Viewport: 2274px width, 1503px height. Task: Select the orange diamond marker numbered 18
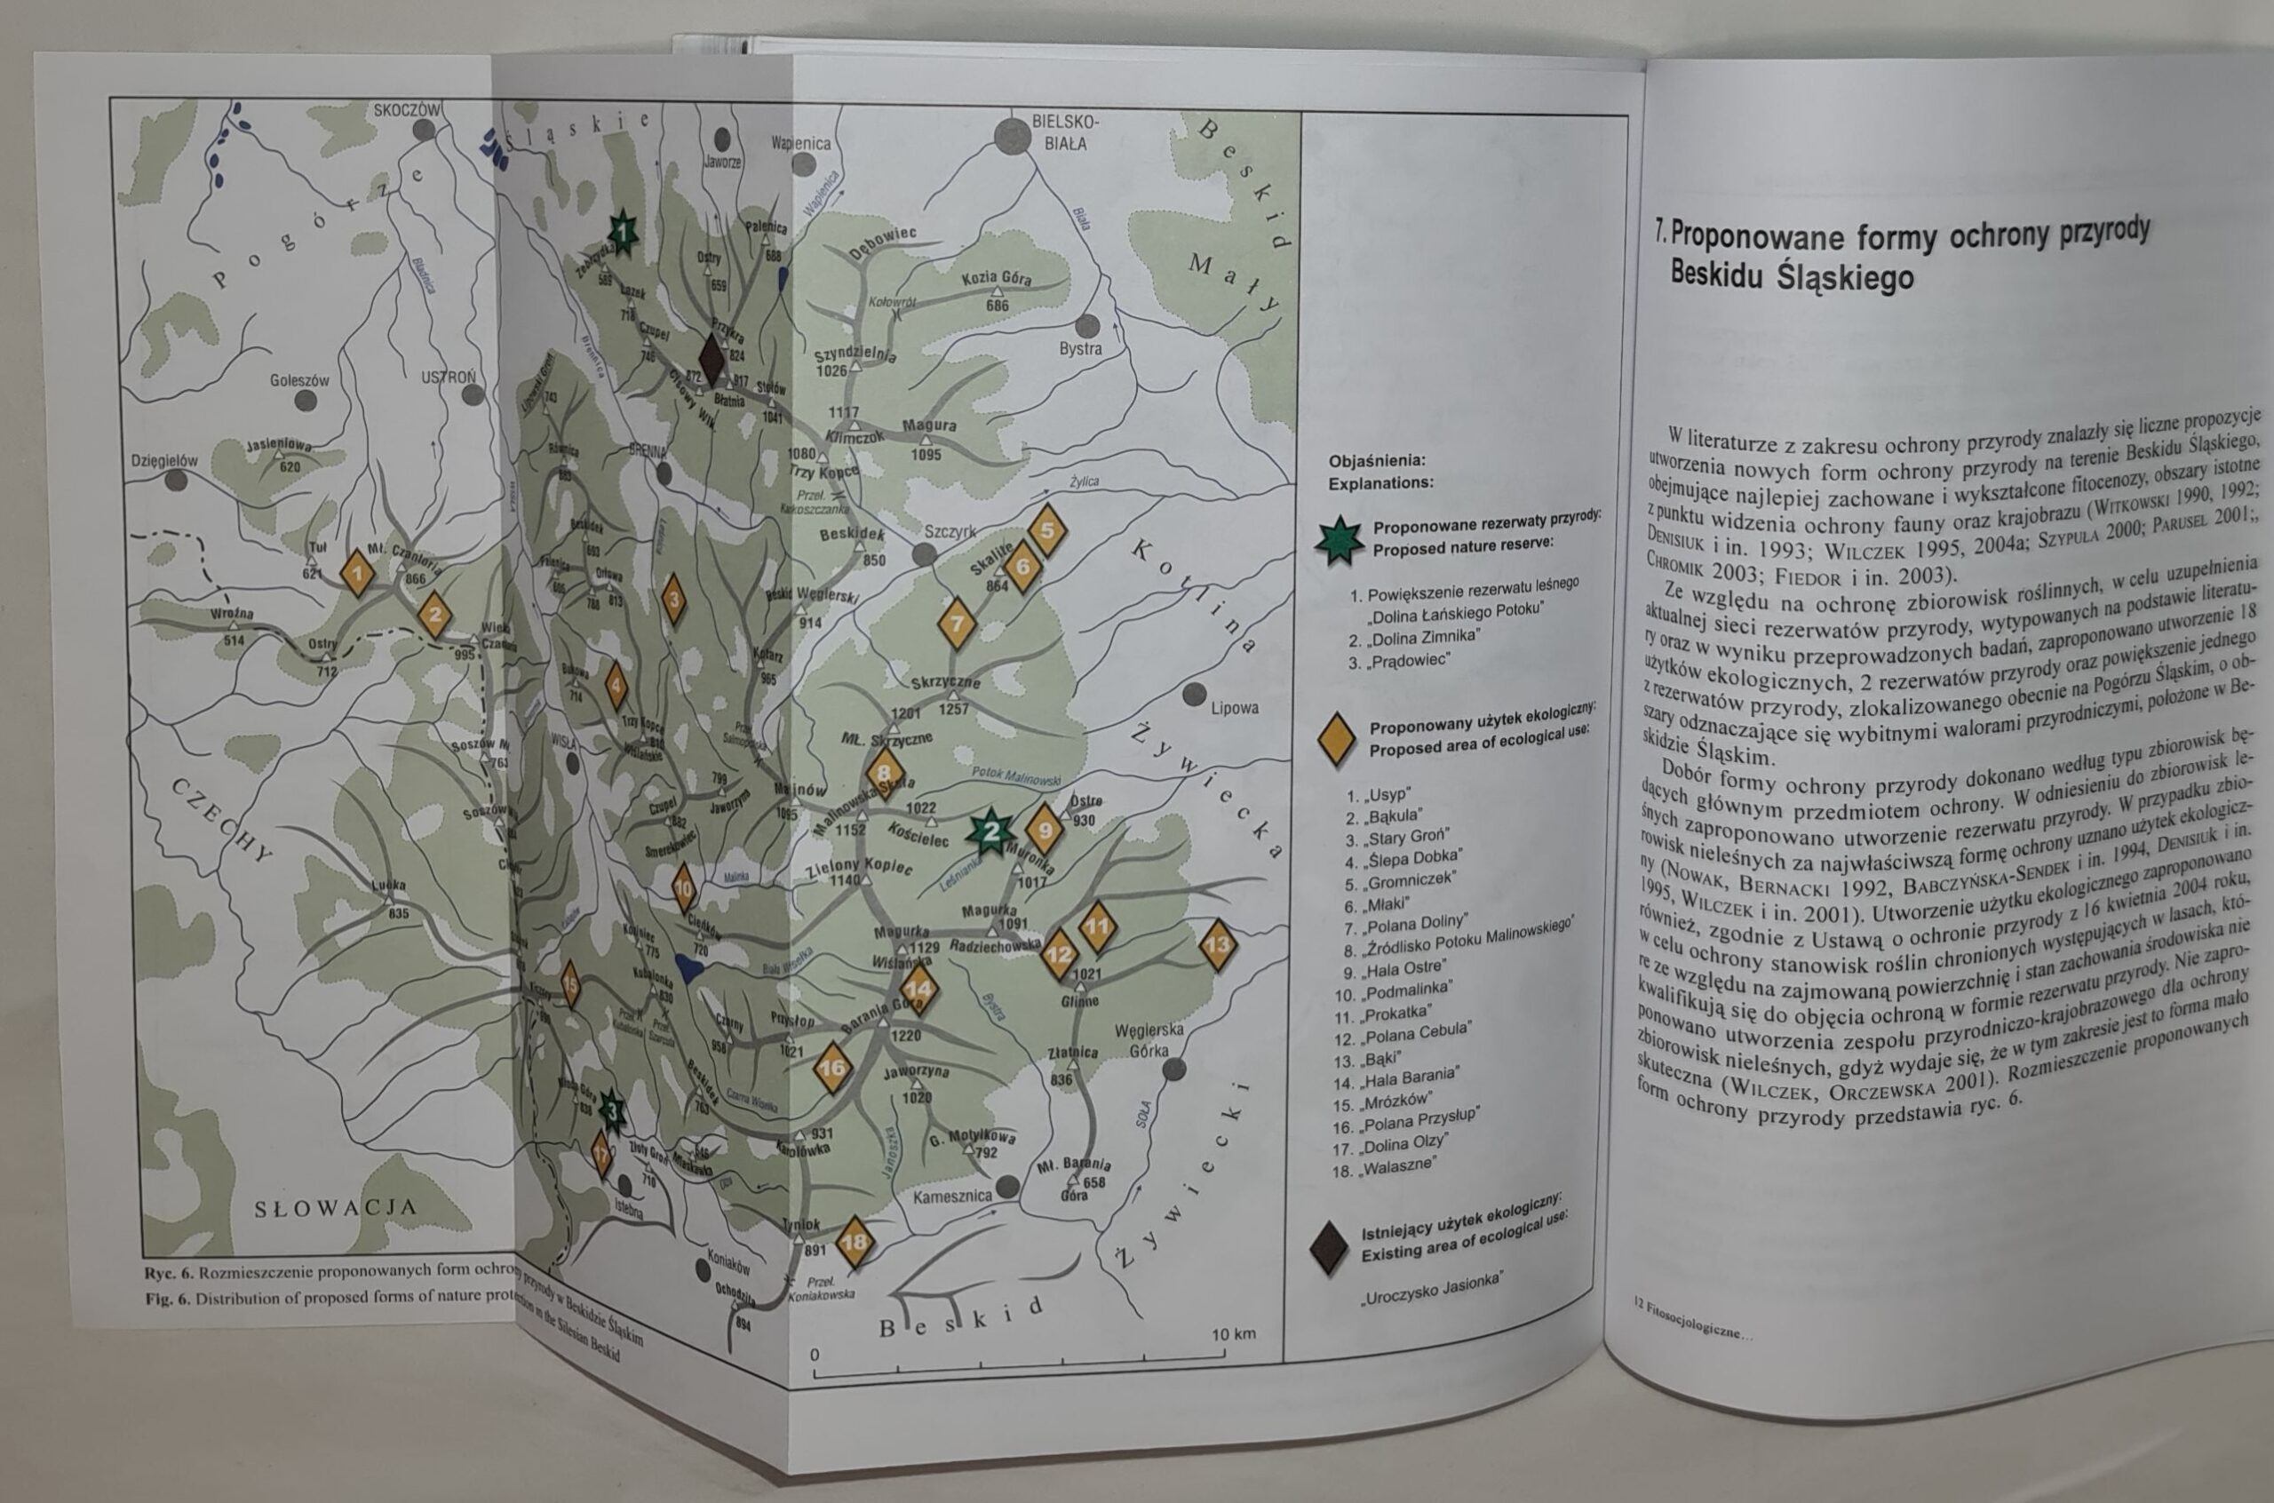click(855, 1242)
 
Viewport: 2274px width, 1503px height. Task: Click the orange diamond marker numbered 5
click(1046, 530)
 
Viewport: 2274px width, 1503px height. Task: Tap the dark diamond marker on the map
click(710, 357)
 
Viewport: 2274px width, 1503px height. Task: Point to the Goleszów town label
click(299, 379)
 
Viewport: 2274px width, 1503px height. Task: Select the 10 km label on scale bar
click(1233, 1334)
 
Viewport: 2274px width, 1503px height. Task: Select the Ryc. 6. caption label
click(170, 1275)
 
